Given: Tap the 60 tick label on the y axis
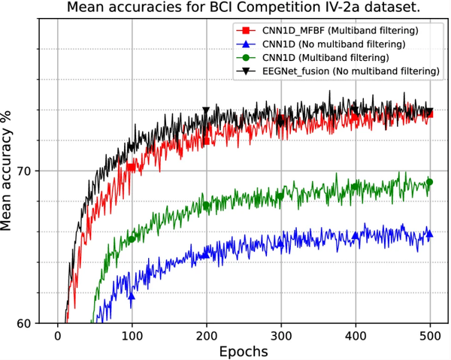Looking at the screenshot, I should click(x=26, y=323).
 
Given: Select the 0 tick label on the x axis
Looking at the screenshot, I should click(x=57, y=335).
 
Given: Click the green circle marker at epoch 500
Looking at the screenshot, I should click(x=429, y=181).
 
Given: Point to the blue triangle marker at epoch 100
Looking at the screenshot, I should click(x=132, y=296).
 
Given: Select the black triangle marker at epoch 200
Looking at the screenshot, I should click(x=205, y=111).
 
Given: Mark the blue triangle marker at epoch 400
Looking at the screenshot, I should click(x=355, y=236).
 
